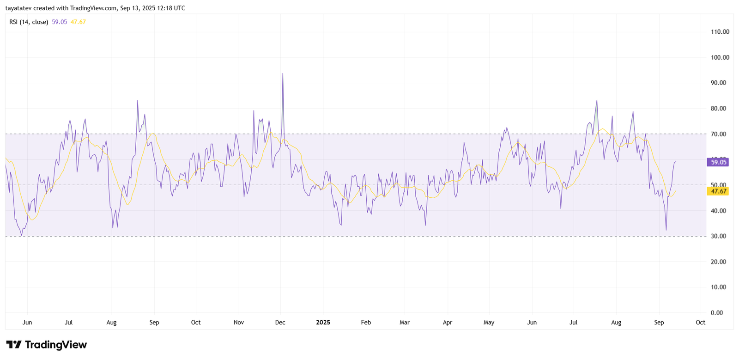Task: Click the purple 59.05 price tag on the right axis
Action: tap(718, 162)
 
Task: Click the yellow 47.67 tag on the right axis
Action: tap(718, 191)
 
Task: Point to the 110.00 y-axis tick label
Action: tap(720, 32)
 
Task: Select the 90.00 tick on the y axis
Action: tap(718, 83)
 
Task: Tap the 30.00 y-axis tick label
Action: tap(718, 236)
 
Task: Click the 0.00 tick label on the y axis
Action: tap(716, 313)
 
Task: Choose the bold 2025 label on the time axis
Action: tap(323, 323)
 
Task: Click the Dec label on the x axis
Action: tap(280, 323)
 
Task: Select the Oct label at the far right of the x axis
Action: tap(700, 323)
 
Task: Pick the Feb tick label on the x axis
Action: tap(366, 323)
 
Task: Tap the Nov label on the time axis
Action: tap(238, 323)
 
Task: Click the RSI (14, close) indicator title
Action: tap(29, 22)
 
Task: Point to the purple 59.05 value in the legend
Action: tap(59, 22)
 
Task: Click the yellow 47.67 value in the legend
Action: tap(78, 22)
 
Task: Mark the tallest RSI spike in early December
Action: tap(283, 73)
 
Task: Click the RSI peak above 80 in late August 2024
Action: tap(138, 100)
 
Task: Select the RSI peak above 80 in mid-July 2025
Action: tap(597, 100)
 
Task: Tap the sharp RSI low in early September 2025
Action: tap(666, 230)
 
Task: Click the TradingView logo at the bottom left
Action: tap(46, 345)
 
